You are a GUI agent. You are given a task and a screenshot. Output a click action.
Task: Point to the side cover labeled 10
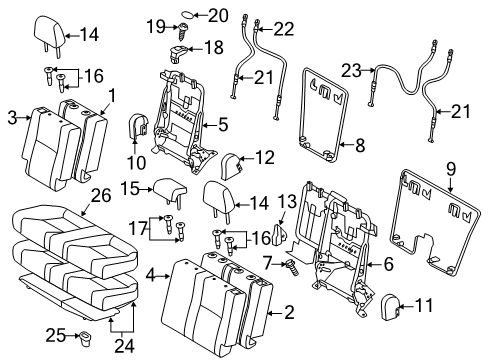tap(139, 125)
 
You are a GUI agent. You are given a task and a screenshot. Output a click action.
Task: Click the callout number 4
tap(148, 272)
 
